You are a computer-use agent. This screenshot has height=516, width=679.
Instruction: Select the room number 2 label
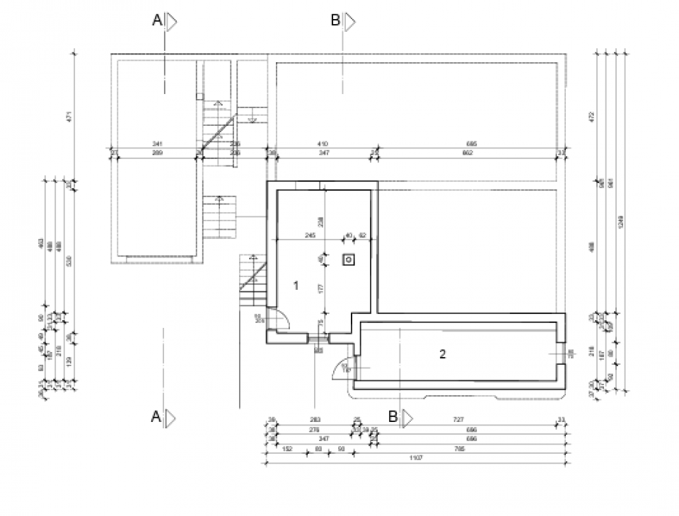[x=443, y=354]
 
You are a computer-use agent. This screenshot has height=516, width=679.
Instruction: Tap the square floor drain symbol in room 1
[x=349, y=260]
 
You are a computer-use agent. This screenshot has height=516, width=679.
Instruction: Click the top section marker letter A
[x=157, y=21]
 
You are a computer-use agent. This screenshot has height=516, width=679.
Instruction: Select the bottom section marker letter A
[x=156, y=417]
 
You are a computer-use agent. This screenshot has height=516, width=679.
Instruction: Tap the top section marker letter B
[x=335, y=21]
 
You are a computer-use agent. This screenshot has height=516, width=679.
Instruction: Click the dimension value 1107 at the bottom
[x=415, y=459]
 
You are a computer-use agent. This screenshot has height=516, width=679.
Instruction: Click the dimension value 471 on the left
[x=69, y=116]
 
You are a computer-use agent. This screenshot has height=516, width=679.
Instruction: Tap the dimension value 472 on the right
[x=592, y=116]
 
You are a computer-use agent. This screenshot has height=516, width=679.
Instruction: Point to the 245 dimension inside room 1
[x=309, y=235]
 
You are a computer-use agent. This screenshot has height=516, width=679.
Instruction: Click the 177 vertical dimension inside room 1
[x=320, y=288]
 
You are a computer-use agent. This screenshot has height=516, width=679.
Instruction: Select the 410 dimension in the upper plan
[x=323, y=143]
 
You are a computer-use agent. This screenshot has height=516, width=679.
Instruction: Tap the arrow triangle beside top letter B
[x=349, y=22]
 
